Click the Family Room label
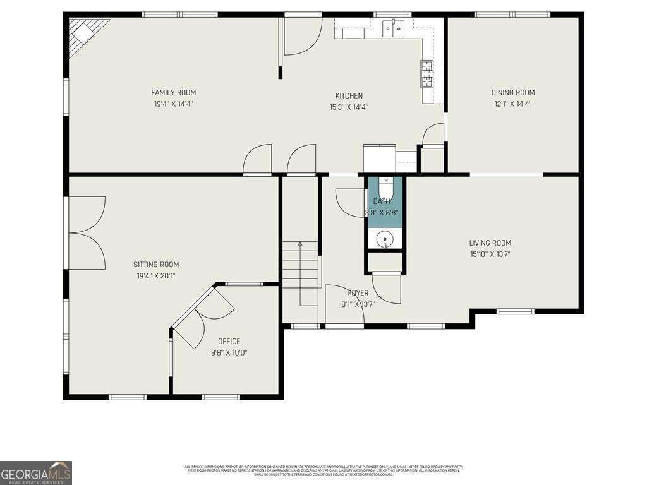(x=173, y=92)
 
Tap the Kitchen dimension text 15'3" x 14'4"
(x=349, y=107)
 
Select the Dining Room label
(x=512, y=92)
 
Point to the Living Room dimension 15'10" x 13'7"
(x=490, y=254)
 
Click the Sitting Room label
(x=155, y=265)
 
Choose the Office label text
(x=229, y=341)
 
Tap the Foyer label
(x=358, y=293)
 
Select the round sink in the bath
(x=385, y=239)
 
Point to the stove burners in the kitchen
(x=427, y=73)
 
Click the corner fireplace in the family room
(x=85, y=35)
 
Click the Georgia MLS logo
(x=36, y=472)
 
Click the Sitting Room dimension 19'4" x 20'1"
(x=155, y=275)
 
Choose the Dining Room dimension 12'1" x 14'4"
(x=512, y=104)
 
